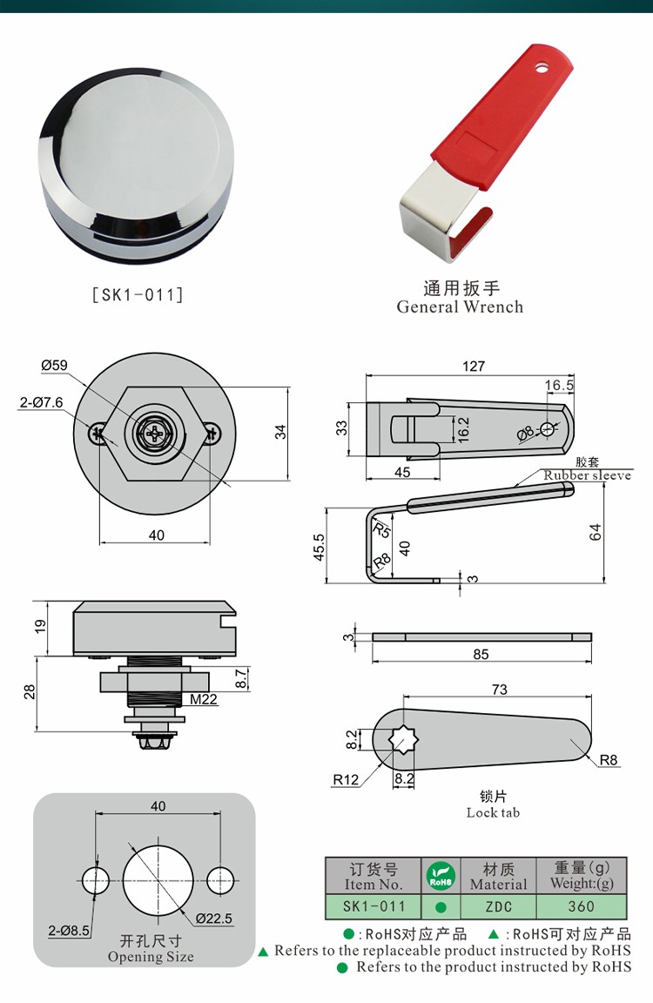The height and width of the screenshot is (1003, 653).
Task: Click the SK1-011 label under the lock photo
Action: [138, 294]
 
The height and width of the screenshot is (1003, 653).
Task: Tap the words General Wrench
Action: [460, 306]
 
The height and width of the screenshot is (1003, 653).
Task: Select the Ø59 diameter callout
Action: [54, 365]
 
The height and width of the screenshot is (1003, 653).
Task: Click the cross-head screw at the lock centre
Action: [157, 434]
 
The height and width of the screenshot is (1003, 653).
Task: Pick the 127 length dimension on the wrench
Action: [474, 367]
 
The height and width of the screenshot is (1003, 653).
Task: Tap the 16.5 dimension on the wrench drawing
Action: [559, 385]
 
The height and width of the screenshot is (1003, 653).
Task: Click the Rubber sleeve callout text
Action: [588, 475]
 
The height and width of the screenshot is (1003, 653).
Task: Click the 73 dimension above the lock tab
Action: [499, 690]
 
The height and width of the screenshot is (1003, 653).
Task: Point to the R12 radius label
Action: [345, 780]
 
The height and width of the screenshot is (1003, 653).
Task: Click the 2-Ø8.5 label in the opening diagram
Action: [69, 931]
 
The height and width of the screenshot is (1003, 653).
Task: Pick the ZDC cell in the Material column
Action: [499, 906]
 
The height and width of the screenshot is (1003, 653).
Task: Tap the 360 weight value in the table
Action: [581, 906]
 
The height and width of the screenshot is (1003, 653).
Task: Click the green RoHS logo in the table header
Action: [441, 876]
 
